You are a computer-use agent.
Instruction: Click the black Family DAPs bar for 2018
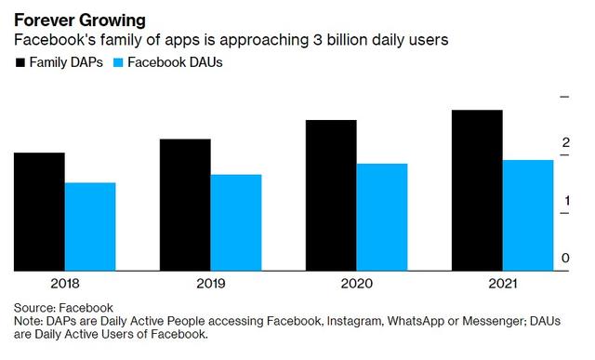tap(39, 212)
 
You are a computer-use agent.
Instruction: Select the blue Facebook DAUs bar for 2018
tap(90, 227)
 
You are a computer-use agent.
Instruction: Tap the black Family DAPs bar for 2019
tap(185, 205)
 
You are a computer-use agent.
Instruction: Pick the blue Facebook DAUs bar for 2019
tap(236, 223)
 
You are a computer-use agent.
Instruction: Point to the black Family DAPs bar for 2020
tap(331, 195)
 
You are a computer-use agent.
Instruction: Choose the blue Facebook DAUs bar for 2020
tap(382, 218)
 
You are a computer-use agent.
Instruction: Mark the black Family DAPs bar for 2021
tap(477, 191)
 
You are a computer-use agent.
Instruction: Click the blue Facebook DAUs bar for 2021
tap(528, 216)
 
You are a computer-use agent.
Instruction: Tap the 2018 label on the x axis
tap(65, 284)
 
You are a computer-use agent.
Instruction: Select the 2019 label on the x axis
tap(211, 284)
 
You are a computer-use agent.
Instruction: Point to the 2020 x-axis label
tap(357, 284)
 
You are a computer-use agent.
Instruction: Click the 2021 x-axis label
tap(503, 284)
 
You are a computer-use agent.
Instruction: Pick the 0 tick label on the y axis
tap(565, 259)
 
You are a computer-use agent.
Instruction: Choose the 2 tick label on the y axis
tap(566, 142)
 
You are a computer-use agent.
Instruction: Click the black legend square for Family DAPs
tap(20, 62)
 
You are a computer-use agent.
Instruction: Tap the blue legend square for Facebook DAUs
tap(118, 62)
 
